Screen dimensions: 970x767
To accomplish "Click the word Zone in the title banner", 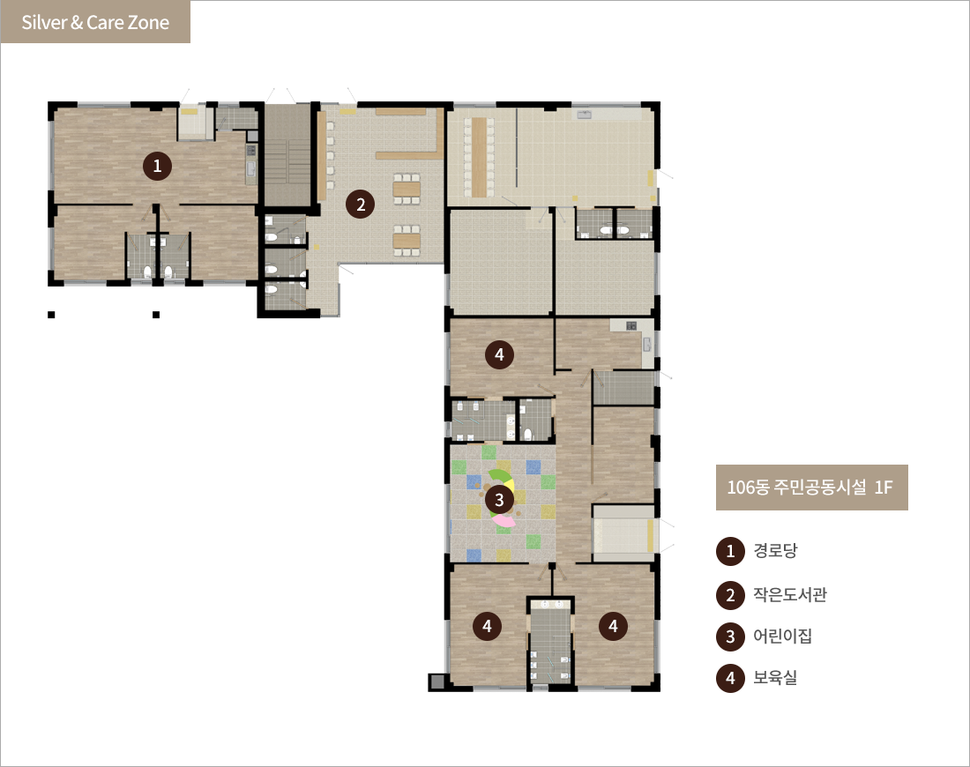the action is point(149,22).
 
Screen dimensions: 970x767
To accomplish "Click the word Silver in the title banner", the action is point(44,22).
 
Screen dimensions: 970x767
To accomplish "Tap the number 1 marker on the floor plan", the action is point(157,166).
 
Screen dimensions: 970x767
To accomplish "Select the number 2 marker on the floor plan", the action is point(361,204).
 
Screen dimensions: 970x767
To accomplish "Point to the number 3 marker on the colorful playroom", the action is point(499,500).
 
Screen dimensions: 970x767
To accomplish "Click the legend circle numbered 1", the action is point(730,551).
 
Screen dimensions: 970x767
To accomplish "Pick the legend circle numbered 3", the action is point(730,637).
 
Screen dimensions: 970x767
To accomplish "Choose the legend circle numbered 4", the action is point(730,679).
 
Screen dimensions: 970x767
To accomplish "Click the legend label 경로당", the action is point(775,550).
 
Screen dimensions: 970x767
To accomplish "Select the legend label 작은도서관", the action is point(790,594).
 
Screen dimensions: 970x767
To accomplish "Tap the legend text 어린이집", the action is point(782,636).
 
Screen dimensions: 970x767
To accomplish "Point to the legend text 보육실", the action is point(775,677).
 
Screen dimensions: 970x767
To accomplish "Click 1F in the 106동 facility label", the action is point(884,488).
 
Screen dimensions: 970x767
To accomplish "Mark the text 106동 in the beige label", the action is point(748,488).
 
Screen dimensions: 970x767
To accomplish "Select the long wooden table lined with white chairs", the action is point(479,157).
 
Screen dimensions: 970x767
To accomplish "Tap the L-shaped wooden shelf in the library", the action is point(409,134).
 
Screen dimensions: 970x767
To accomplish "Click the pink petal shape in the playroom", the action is point(504,521).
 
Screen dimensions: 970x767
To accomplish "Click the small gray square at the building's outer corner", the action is point(436,681).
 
